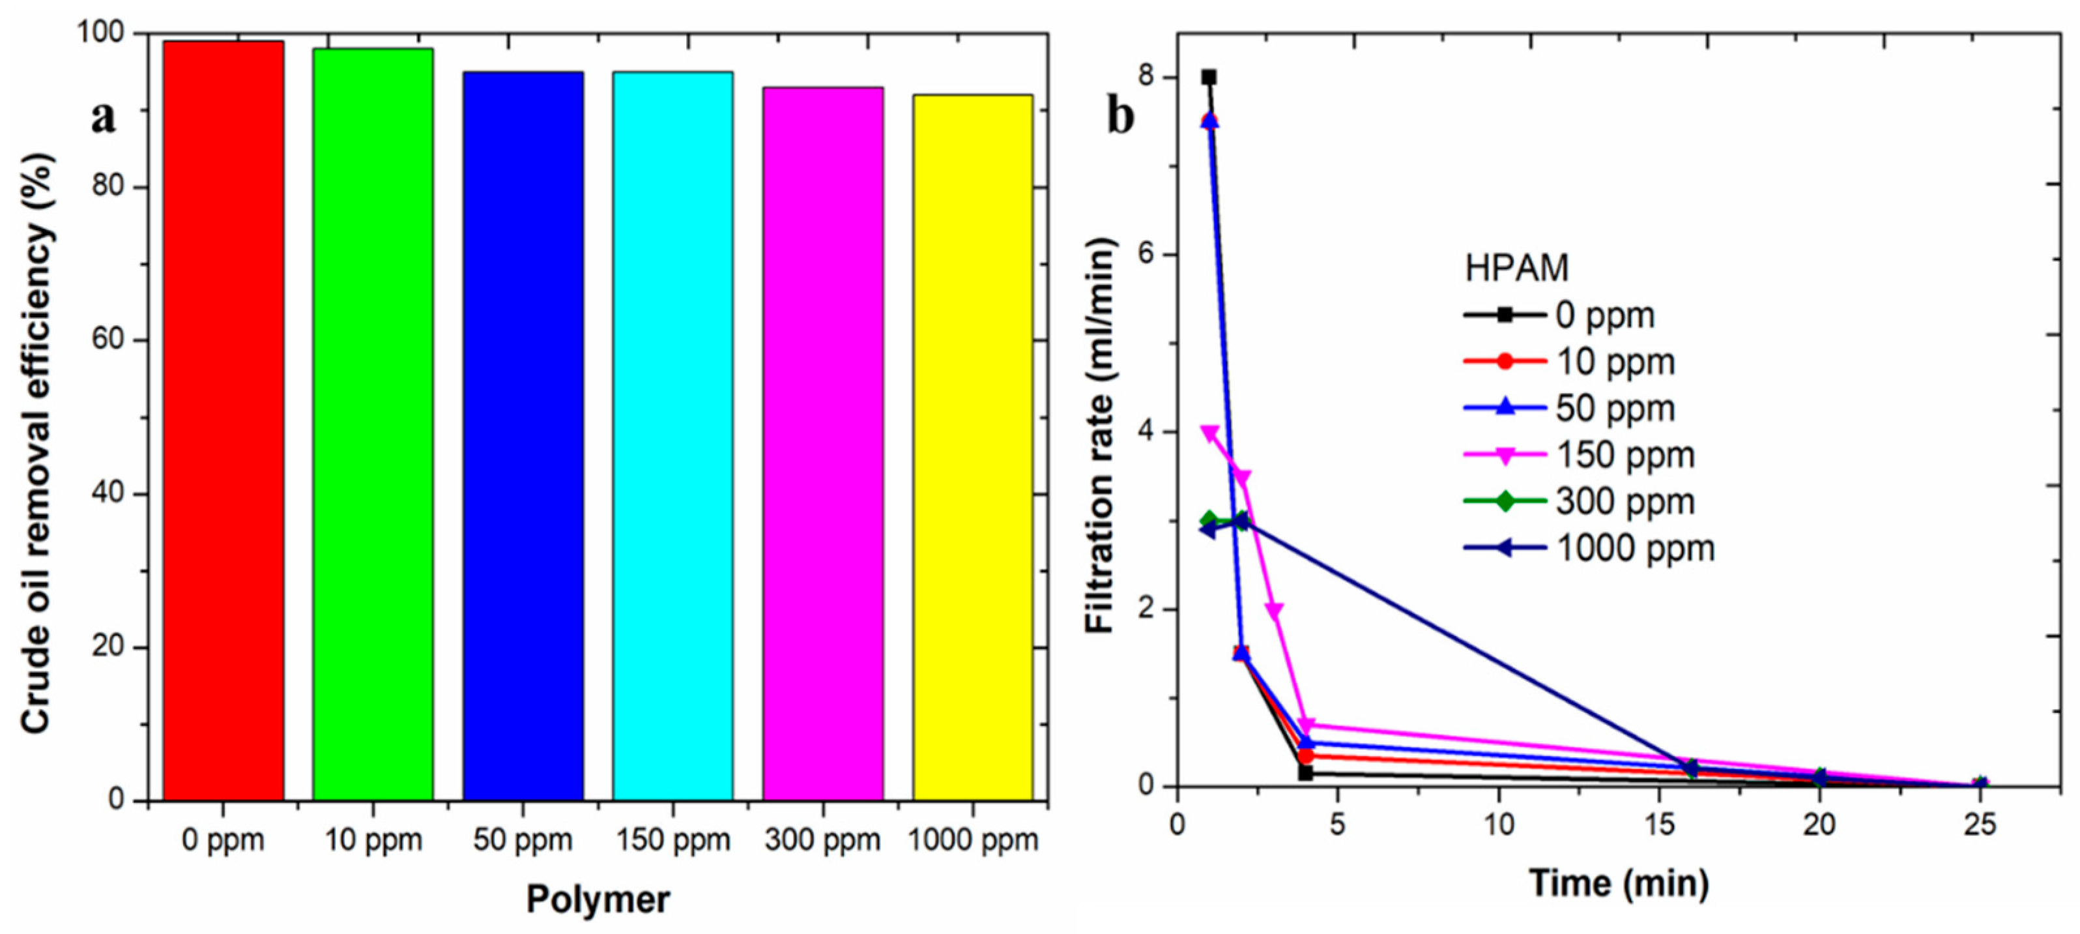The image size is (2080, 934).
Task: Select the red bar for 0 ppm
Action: [x=223, y=420]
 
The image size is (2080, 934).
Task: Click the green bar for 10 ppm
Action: [x=372, y=424]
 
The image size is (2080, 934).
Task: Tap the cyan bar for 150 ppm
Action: [x=672, y=436]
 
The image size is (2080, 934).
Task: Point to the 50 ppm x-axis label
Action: [x=523, y=840]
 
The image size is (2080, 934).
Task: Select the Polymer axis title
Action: [x=598, y=899]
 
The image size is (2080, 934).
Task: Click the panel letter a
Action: [x=104, y=119]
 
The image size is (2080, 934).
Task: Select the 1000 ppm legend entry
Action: [x=1588, y=549]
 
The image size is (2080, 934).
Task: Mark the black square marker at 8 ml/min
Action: [x=1209, y=78]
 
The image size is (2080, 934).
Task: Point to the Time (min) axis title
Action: [x=1618, y=883]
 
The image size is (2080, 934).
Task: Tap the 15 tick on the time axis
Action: [x=1658, y=826]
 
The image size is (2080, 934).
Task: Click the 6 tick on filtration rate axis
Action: [x=1147, y=254]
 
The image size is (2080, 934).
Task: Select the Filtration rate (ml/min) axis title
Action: [x=1100, y=436]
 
